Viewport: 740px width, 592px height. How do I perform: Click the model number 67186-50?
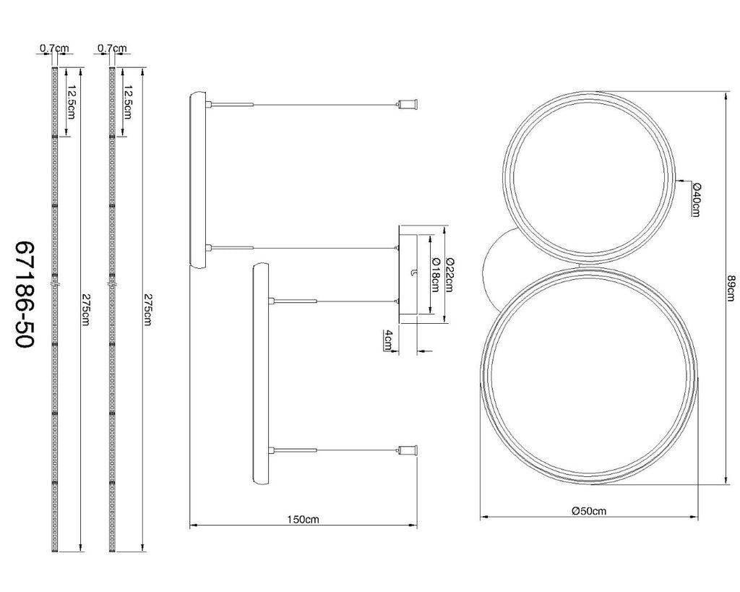click(25, 295)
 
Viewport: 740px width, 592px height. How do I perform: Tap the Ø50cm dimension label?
click(588, 511)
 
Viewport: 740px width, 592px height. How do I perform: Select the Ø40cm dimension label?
click(696, 200)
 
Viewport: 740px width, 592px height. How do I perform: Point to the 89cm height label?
click(731, 287)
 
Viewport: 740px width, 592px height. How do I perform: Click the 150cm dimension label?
click(303, 519)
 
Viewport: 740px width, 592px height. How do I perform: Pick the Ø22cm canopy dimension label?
click(449, 275)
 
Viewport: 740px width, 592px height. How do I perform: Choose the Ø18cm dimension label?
click(435, 275)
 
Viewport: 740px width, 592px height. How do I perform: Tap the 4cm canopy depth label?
click(387, 340)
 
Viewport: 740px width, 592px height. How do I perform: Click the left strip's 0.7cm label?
click(54, 48)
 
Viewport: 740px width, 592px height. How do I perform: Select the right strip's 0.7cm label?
click(112, 48)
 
